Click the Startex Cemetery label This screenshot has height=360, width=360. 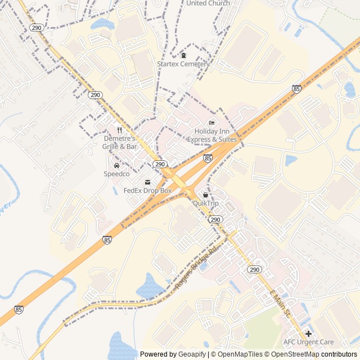183,64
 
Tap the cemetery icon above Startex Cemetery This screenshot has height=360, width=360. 183,55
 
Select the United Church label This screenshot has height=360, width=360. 208,3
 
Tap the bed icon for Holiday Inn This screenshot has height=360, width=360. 211,123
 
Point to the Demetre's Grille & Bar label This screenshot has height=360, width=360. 120,142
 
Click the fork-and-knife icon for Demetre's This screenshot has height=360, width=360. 119,130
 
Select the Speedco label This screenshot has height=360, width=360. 116,174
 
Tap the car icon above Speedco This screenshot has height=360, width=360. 116,166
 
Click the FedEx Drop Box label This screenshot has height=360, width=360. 147,191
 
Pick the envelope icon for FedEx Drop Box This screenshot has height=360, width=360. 147,182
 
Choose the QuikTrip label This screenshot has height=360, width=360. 205,203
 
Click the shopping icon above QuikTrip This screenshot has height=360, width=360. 205,195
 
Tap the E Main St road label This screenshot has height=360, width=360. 280,303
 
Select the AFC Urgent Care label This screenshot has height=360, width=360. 308,342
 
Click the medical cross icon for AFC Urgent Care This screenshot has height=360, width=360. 308,334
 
